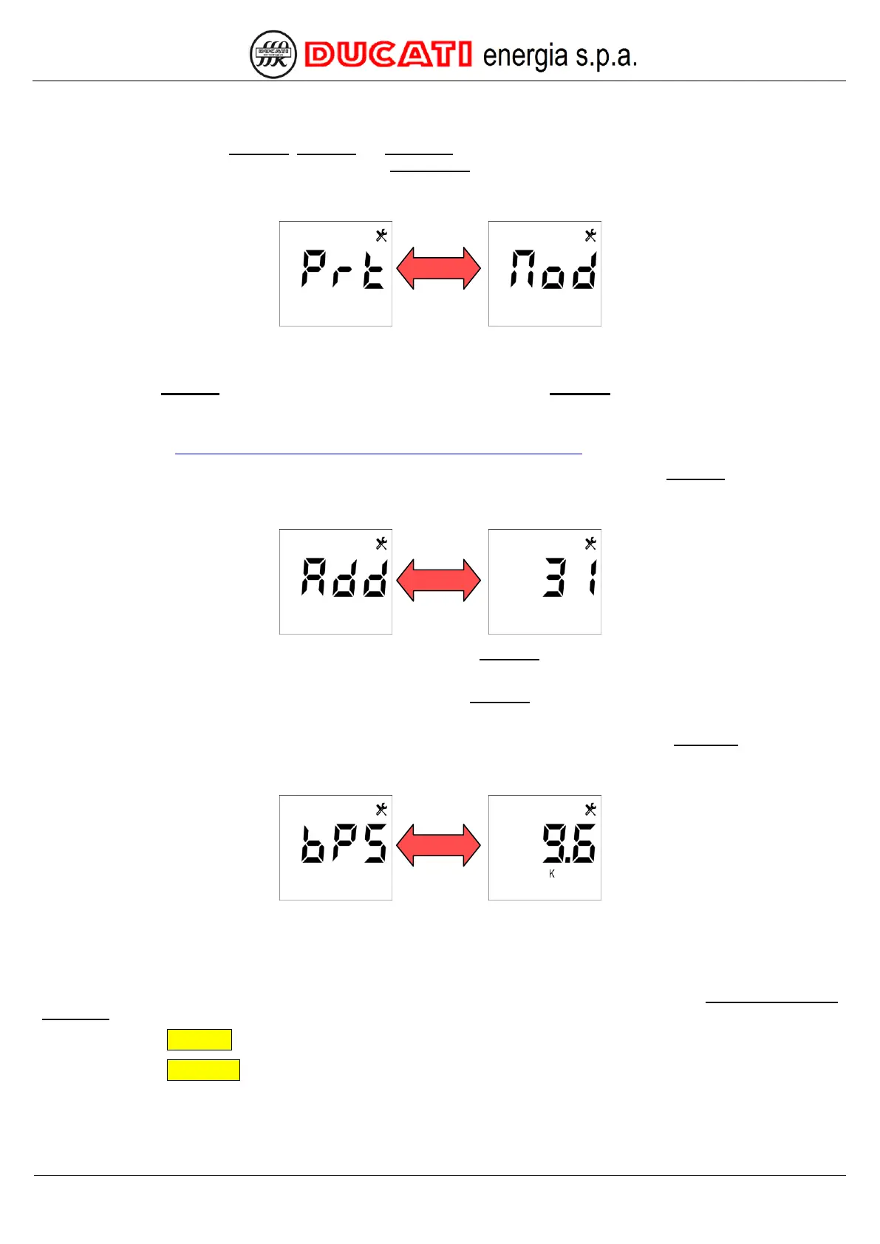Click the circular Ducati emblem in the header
(273, 55)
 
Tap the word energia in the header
(525, 56)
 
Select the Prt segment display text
(343, 269)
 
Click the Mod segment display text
(553, 270)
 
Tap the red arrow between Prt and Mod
(439, 267)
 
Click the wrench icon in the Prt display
(381, 236)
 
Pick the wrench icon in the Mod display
(590, 236)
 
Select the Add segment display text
(344, 577)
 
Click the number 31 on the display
(570, 577)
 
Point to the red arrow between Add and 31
(439, 580)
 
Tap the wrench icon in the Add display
(381, 544)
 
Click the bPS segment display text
(344, 844)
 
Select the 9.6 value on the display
(568, 844)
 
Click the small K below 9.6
(552, 874)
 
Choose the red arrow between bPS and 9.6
(439, 845)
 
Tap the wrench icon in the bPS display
(381, 810)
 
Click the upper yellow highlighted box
(199, 1039)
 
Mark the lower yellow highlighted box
(203, 1070)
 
